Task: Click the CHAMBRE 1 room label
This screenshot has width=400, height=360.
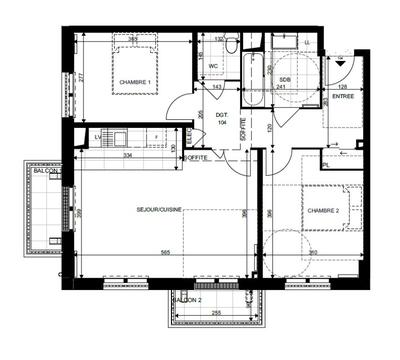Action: [134, 82]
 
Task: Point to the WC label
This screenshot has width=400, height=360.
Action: [213, 66]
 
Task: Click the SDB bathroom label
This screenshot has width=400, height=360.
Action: [285, 78]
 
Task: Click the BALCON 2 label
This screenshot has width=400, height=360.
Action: [188, 300]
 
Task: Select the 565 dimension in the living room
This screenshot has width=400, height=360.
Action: [160, 253]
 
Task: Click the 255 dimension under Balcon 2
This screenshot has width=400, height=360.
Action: [215, 313]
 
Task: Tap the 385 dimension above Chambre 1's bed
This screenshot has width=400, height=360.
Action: [132, 40]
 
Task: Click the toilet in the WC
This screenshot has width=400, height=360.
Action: [230, 45]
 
